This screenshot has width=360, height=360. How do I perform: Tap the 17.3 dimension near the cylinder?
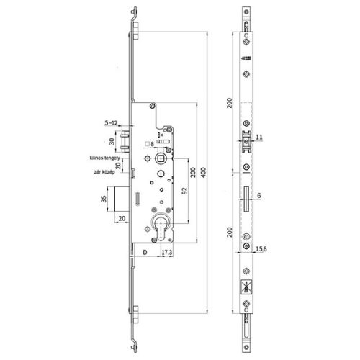point(166,253)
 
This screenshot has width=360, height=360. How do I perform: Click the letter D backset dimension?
point(144,253)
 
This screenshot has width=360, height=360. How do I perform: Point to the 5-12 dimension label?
point(112,123)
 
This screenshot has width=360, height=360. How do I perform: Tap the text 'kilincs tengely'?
point(107,157)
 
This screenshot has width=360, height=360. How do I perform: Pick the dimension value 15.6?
point(261,250)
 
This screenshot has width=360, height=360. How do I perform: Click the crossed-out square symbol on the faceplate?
point(248,286)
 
